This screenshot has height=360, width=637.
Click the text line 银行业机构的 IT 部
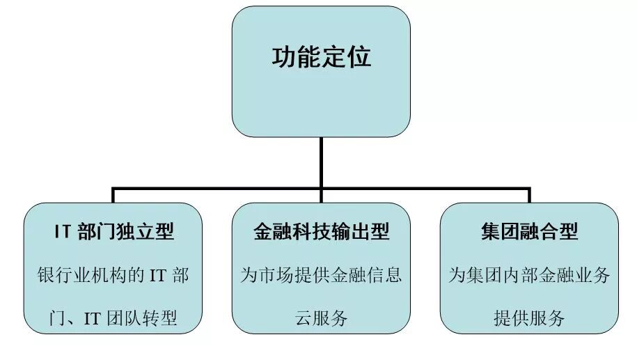pos(113,275)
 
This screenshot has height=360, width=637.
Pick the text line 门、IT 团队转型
pos(113,318)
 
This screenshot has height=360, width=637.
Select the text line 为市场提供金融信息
pos(321,275)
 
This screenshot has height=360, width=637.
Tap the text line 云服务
pos(321,318)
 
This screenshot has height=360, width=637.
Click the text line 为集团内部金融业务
pos(530,275)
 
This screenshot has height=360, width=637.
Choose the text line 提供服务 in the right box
pos(530,318)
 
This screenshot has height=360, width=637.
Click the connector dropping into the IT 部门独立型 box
pos(113,196)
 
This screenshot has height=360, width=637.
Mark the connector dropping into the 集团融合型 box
pos(529,196)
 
